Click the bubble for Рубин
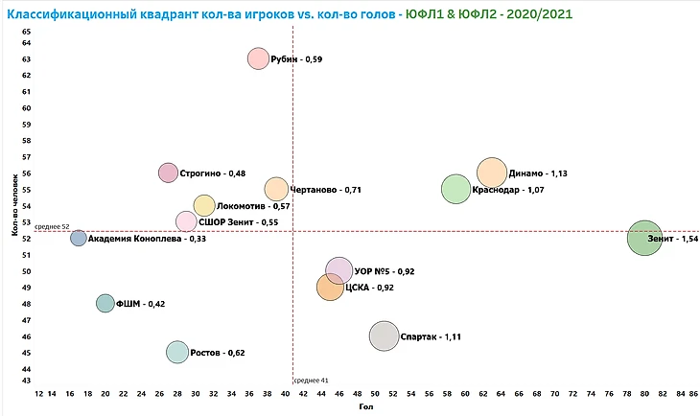258,58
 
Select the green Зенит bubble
644,238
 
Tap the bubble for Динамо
491,173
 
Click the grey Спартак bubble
384,336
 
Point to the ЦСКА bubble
330,287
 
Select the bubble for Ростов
177,352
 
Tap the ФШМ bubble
105,303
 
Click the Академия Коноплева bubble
79,238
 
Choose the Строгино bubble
169,173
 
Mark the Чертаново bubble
276,189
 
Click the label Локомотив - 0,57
254,206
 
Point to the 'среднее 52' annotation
52,227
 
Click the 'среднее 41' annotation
311,381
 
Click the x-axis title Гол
365,407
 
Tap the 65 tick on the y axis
27,31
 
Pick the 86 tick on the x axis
693,393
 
